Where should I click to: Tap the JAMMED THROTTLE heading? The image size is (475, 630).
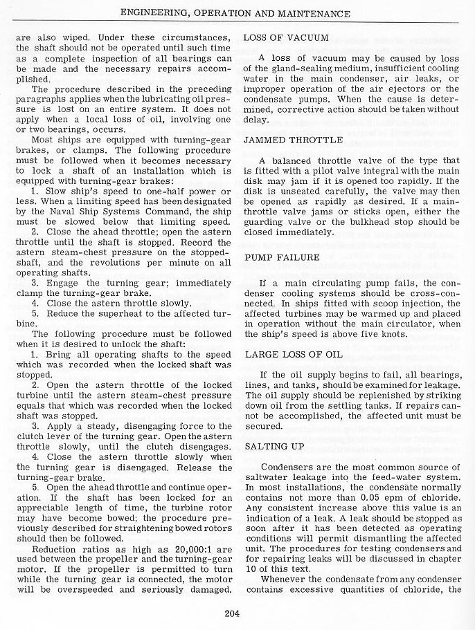click(x=293, y=140)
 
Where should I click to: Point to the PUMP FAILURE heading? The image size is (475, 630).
click(x=283, y=257)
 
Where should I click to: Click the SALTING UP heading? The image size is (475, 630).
click(x=274, y=447)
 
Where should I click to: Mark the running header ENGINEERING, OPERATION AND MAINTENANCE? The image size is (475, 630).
click(x=235, y=14)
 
